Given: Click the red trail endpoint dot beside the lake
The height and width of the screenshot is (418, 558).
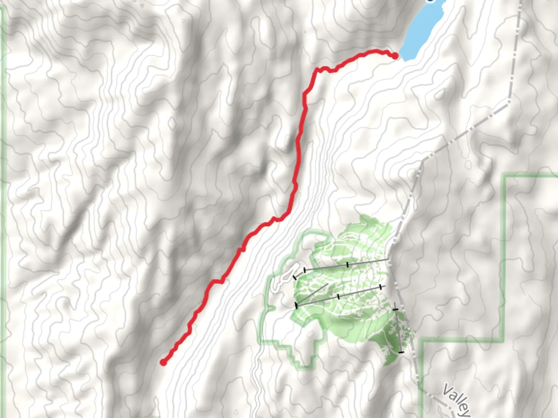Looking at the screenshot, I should (395, 56).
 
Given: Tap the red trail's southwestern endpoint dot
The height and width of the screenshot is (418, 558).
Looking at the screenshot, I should (164, 362).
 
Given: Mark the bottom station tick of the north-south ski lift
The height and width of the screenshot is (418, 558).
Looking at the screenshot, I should (401, 352).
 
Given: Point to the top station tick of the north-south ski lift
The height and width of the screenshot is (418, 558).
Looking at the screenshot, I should (395, 310).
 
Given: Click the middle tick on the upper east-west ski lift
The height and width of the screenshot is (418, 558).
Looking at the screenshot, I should (348, 264).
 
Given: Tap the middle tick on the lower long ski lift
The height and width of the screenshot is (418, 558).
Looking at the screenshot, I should (339, 296).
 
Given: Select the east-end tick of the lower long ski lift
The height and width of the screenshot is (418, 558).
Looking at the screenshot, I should (381, 287).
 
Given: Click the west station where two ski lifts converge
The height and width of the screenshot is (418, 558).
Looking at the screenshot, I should (296, 305).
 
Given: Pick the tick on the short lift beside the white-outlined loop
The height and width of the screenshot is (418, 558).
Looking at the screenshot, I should (295, 277).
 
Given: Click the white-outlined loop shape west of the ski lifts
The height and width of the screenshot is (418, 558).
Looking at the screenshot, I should (285, 276).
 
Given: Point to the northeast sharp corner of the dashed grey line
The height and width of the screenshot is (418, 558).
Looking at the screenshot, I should (508, 103).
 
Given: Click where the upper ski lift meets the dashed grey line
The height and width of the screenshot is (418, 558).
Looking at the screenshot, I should (389, 259).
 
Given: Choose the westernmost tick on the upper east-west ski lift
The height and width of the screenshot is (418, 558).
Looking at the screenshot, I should (305, 270).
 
